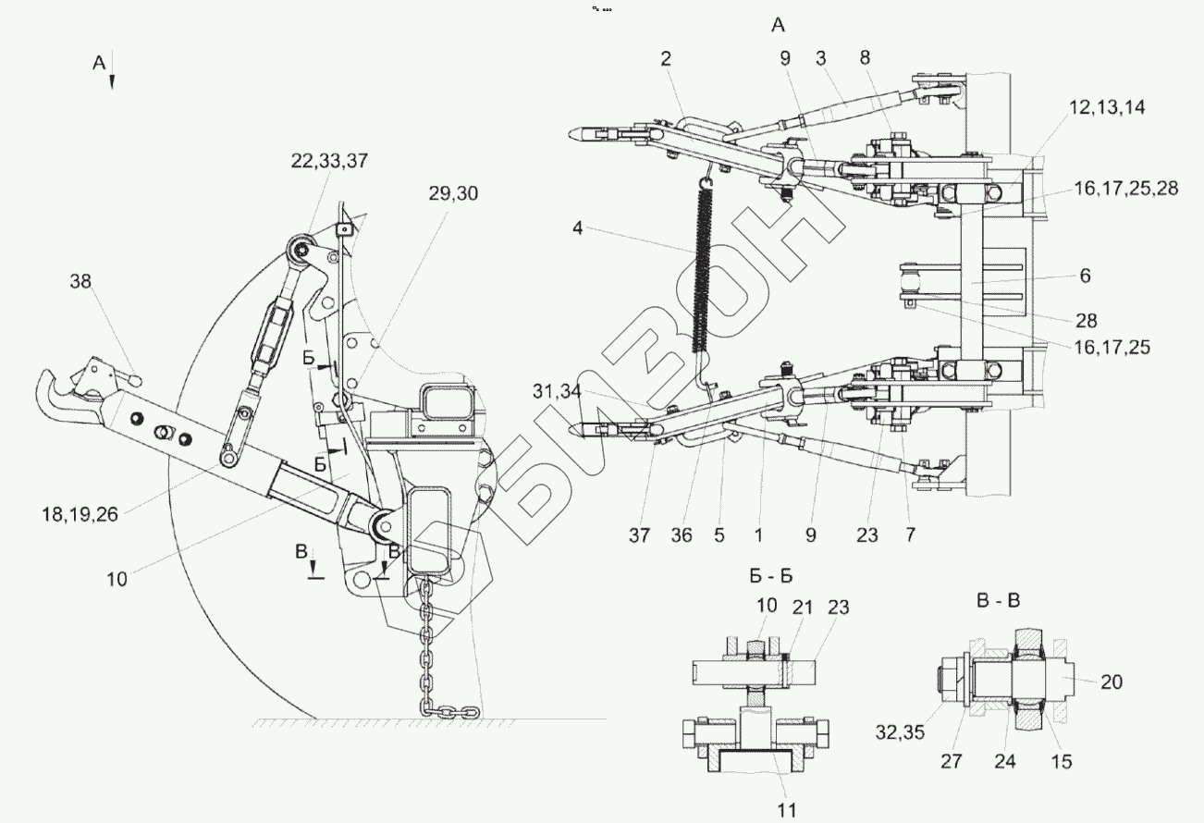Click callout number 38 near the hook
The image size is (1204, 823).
pyautogui.click(x=81, y=282)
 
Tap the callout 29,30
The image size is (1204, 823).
pyautogui.click(x=453, y=194)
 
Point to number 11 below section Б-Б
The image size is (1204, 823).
pyautogui.click(x=786, y=810)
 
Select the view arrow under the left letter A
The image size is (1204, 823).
pyautogui.click(x=113, y=81)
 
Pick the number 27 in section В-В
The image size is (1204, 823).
pyautogui.click(x=951, y=761)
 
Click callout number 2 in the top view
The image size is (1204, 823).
pyautogui.click(x=666, y=58)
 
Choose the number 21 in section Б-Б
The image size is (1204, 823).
pyautogui.click(x=803, y=608)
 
